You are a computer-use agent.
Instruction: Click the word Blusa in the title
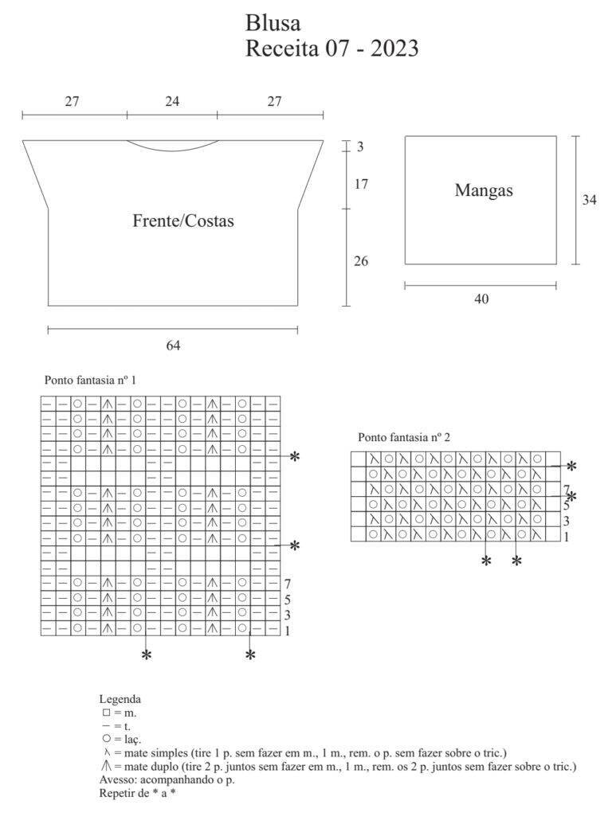click(273, 23)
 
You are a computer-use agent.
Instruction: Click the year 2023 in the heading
click(394, 49)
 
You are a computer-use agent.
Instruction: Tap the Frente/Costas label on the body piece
click(183, 221)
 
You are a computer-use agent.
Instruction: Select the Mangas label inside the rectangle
click(484, 190)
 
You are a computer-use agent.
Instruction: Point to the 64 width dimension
click(173, 346)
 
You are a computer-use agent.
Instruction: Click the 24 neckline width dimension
click(172, 101)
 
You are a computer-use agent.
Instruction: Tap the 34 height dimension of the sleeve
click(589, 199)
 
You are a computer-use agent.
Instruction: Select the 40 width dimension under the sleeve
click(481, 299)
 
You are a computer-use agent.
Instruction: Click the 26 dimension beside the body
click(361, 260)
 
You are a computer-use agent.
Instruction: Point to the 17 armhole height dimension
click(361, 184)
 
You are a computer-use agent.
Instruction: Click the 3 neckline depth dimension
click(360, 146)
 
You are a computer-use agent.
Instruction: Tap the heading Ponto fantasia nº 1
click(90, 380)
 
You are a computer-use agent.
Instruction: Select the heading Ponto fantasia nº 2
click(404, 437)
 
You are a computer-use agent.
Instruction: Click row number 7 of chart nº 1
click(288, 584)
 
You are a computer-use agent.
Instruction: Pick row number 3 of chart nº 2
click(566, 521)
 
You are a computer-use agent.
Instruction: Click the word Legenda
click(120, 699)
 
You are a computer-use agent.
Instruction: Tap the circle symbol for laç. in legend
click(106, 739)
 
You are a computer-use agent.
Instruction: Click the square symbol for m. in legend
click(106, 713)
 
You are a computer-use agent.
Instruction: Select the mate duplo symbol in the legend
click(106, 767)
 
